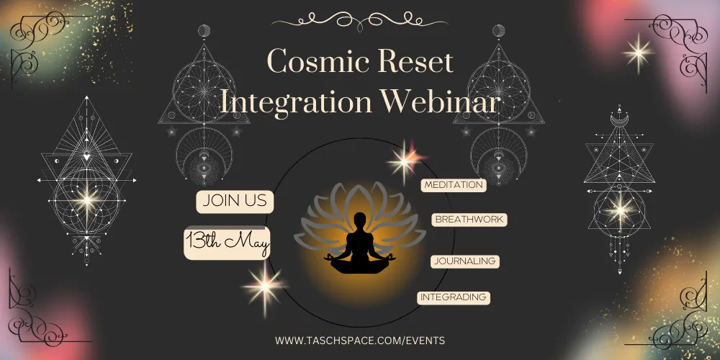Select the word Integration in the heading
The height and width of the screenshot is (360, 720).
tap(295, 102)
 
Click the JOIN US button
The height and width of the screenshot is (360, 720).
tap(235, 202)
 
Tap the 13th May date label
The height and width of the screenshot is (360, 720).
tap(227, 243)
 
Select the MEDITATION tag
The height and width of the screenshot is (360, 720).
tap(454, 185)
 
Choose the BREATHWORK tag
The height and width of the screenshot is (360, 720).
tap(469, 220)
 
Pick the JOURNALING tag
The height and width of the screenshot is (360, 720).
tap(464, 261)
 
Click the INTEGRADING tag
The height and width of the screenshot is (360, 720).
tap(453, 297)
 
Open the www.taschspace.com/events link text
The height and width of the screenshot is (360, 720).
tap(359, 341)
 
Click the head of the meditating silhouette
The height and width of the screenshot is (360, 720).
tap(360, 220)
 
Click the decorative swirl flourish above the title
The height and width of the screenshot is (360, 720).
tap(359, 21)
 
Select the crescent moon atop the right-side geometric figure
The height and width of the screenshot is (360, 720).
tap(619, 120)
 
